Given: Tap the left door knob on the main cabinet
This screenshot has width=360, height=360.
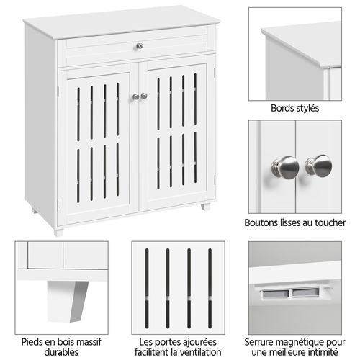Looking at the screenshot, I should [x=135, y=96].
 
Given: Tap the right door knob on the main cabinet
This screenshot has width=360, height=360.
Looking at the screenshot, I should [x=144, y=96].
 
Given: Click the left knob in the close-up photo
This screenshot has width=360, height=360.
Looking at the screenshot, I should [x=285, y=168].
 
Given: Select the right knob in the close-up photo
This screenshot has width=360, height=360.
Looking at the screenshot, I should [x=318, y=166].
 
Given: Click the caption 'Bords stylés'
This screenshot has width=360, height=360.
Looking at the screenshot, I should [x=295, y=109].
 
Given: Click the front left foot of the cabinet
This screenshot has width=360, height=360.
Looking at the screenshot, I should [x=58, y=231].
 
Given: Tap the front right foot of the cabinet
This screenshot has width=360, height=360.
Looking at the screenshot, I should [x=204, y=207].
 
